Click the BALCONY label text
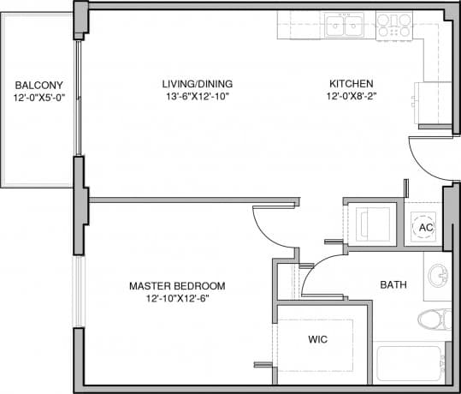click(39, 85)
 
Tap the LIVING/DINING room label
click(198, 84)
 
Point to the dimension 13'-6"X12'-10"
click(198, 97)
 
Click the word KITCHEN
click(351, 84)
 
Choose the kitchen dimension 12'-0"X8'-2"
click(351, 97)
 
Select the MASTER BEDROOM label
click(177, 285)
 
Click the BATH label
click(393, 285)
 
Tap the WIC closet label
click(318, 339)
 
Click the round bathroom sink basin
click(438, 277)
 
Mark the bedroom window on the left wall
click(78, 291)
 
